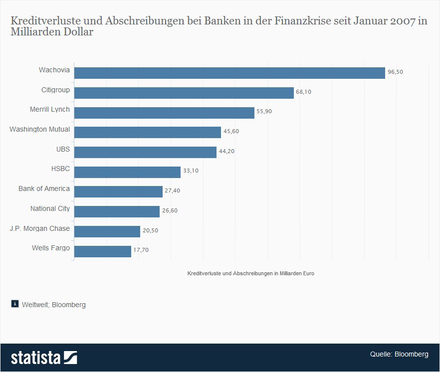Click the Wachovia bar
click(229, 73)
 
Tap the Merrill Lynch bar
click(164, 113)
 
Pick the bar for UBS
click(145, 152)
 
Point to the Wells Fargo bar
click(102, 251)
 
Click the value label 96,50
click(395, 72)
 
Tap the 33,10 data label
click(191, 171)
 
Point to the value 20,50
click(150, 230)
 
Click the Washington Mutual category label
click(39, 130)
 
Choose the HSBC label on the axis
click(60, 169)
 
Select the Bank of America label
click(44, 188)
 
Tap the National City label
click(50, 208)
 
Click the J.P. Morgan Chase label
click(40, 228)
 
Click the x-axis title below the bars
click(250, 274)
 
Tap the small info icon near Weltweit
click(15, 304)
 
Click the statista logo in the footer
click(44, 358)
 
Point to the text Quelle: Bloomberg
click(399, 355)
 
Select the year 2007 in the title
click(402, 22)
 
